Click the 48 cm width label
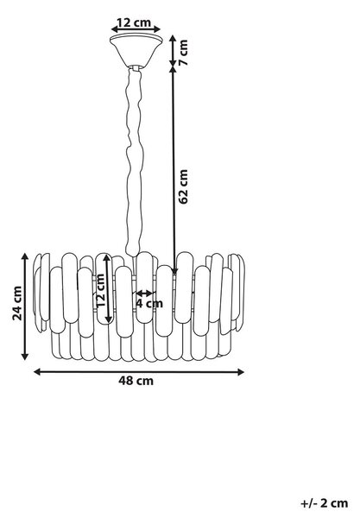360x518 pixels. (136, 381)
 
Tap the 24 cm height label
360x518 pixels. (17, 303)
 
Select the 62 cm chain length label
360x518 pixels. (183, 186)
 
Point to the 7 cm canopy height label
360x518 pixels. (183, 53)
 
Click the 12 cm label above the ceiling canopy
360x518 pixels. (134, 22)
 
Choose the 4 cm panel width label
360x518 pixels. (149, 303)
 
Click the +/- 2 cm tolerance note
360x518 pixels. (325, 503)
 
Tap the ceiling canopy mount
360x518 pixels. (136, 51)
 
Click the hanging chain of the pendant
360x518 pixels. (135, 162)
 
